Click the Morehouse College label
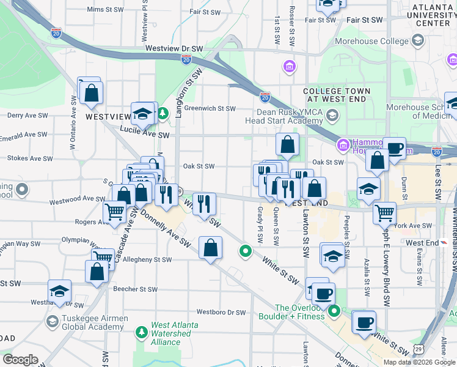click(x=379, y=41)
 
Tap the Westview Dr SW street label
click(x=174, y=48)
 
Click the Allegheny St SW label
click(x=147, y=259)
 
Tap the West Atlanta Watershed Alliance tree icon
click(x=142, y=332)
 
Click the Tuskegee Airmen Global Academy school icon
click(x=53, y=321)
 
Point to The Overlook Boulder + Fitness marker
click(x=334, y=312)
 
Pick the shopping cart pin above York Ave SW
click(x=384, y=213)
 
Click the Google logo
click(x=20, y=359)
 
